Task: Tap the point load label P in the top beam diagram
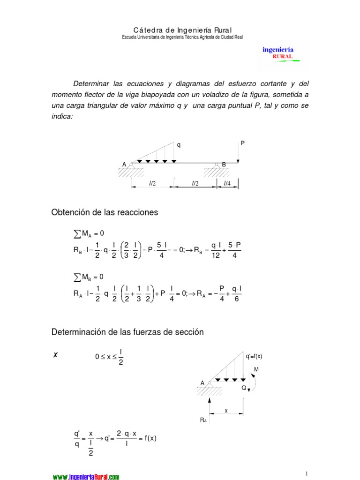tap(243, 142)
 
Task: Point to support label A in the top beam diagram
tap(125, 165)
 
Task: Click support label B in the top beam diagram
tap(224, 165)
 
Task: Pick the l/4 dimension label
tap(227, 183)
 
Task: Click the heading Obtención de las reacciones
tap(105, 212)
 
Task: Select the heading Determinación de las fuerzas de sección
tap(127, 332)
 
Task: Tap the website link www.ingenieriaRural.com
tap(86, 477)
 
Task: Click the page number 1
tap(306, 473)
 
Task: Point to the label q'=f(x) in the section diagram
tap(254, 356)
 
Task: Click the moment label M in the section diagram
tap(256, 370)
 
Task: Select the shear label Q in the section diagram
tap(244, 388)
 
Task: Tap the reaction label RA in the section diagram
tap(203, 420)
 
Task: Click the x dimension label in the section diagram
tap(226, 411)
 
